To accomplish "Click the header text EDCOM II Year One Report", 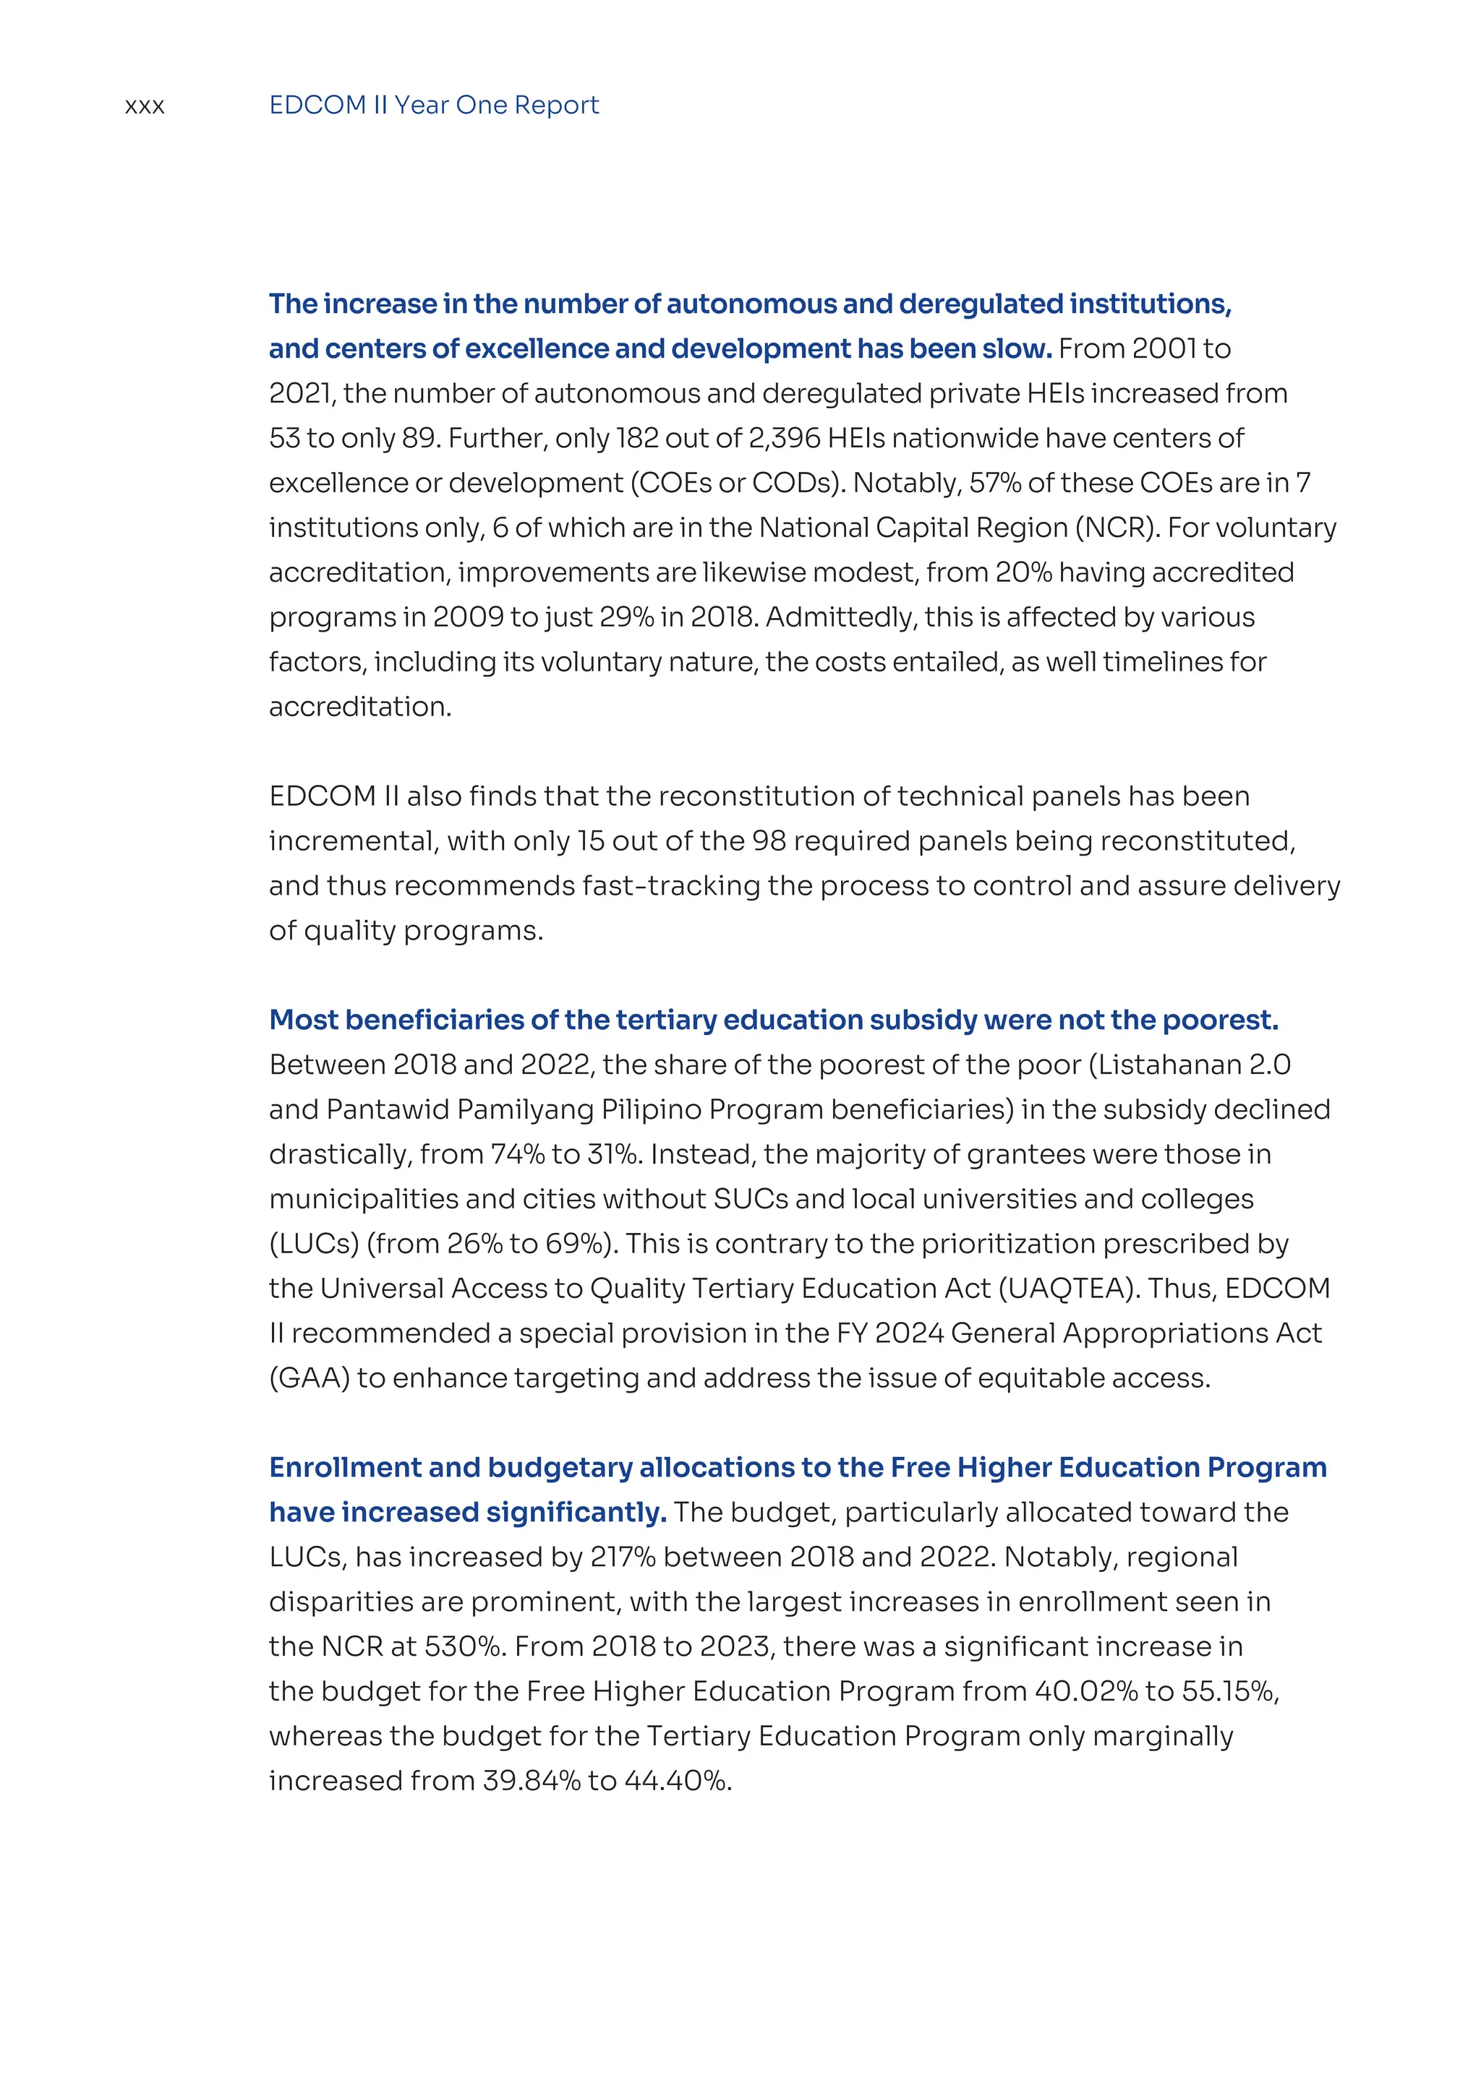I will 433,105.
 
